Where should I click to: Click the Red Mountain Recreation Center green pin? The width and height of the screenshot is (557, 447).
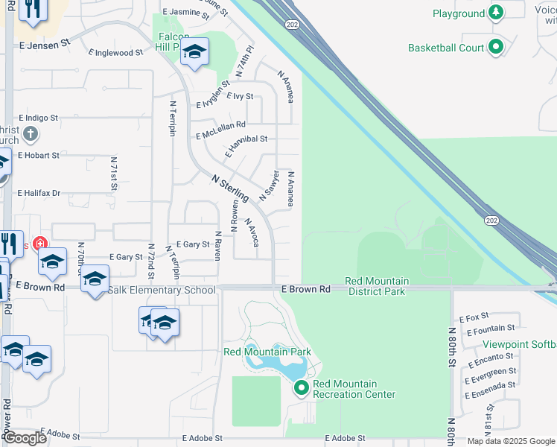point(302,388)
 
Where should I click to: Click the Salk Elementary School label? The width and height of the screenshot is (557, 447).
point(162,290)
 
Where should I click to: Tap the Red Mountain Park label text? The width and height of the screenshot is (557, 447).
point(267,351)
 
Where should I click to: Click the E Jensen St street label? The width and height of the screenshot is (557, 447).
point(45,43)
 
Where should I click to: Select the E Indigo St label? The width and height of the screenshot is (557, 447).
point(38,118)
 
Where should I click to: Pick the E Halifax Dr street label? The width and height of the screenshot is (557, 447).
point(39,193)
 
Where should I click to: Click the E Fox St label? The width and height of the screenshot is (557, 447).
point(474,317)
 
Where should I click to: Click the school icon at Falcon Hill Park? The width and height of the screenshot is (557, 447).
point(195,51)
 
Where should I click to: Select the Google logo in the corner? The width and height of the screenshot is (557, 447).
point(24,438)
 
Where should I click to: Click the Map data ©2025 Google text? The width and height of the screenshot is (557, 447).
point(510,441)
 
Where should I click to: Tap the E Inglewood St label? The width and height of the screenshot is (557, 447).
point(115,53)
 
